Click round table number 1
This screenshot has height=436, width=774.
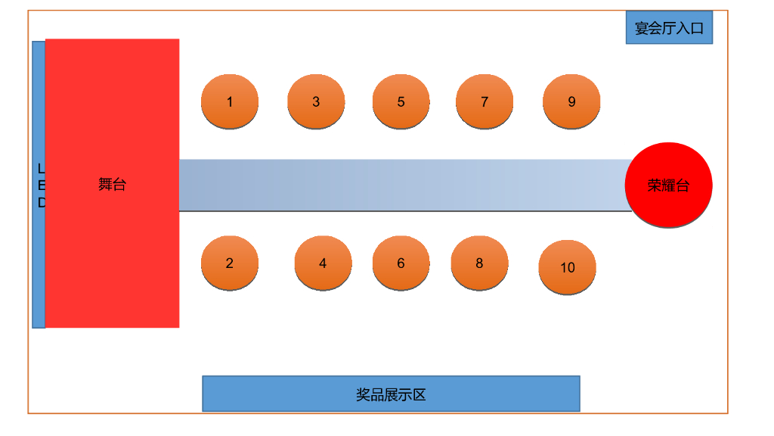[230, 101]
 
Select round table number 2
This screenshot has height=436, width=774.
[230, 263]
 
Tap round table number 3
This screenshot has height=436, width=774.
[316, 101]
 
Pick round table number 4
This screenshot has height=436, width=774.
[323, 263]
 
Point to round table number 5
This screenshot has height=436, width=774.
[401, 101]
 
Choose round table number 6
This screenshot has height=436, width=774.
[401, 263]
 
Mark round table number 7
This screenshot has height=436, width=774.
[485, 101]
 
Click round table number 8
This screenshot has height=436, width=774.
[479, 263]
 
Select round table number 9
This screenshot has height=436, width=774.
[571, 101]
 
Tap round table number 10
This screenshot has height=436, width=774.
[568, 267]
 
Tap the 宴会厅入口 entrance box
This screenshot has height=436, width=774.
[669, 28]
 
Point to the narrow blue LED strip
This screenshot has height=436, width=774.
[39, 265]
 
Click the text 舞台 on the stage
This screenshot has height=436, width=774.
[112, 184]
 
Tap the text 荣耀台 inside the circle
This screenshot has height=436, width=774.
[669, 185]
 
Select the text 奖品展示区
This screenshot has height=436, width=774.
[391, 394]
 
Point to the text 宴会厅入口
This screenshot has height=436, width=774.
[669, 29]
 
